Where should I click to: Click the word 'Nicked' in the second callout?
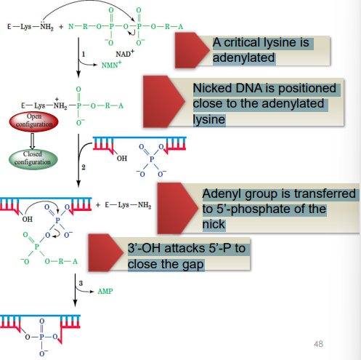(213, 89)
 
